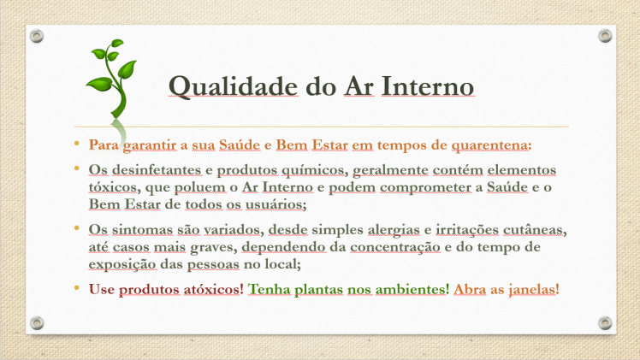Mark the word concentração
tap(396, 248)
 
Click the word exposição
tap(118, 266)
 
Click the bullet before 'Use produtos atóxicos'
tap(76, 288)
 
